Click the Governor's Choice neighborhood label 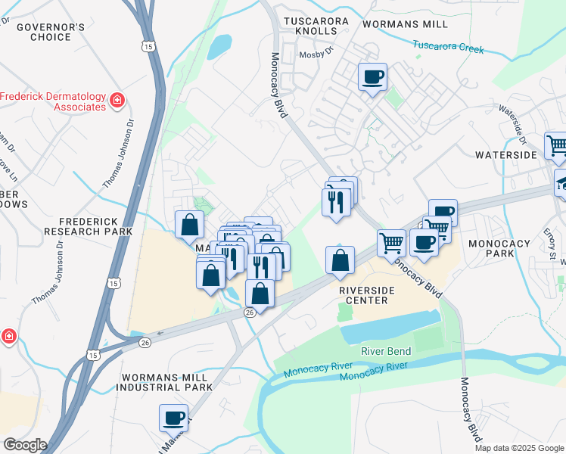pos(51,32)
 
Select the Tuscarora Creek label pos(448,48)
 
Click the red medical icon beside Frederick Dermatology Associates pos(117,100)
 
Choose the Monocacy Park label pos(502,250)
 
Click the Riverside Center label pos(363,295)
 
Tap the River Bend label pos(386,351)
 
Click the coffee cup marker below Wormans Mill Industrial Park pos(174,418)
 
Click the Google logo pos(24,445)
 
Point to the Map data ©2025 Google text pos(518,448)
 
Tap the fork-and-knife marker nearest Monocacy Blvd pos(337,202)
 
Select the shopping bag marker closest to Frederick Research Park pos(189,225)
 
